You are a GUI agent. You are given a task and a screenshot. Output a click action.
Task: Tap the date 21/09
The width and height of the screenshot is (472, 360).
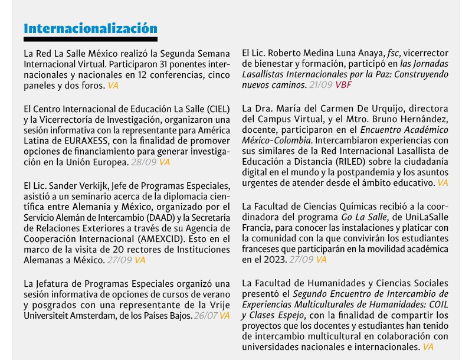coord(322,86)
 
